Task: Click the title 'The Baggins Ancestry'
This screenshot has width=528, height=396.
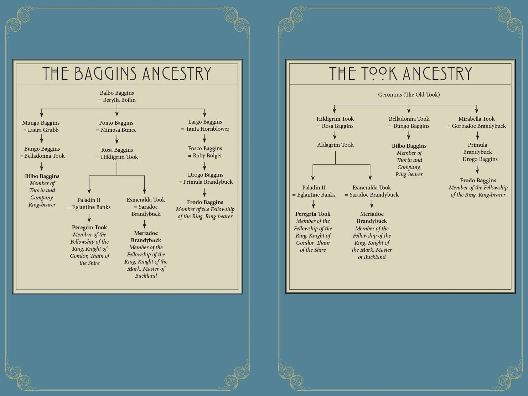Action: point(127,74)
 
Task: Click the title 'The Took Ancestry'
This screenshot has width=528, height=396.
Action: point(400,74)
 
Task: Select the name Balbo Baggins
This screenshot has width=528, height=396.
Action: point(117,93)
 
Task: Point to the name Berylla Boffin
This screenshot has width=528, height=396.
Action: point(119,100)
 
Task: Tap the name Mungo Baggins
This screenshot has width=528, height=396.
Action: point(41,123)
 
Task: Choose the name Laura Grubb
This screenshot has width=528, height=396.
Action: point(43,130)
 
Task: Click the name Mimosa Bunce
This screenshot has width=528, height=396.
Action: point(119,130)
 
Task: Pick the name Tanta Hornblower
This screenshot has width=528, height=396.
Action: point(207,129)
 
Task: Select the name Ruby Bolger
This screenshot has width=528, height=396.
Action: point(207,156)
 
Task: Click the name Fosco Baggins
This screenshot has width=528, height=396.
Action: point(205,148)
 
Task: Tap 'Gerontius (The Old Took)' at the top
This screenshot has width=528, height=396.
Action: point(409,95)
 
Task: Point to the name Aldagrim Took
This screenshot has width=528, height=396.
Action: point(335,145)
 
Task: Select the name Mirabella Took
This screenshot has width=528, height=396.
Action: point(477,119)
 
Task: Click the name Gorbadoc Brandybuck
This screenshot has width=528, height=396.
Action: point(479,126)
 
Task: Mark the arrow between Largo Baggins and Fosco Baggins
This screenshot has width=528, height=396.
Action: point(204,138)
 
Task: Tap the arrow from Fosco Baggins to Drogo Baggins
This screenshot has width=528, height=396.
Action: point(204,166)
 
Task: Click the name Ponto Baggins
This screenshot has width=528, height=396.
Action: point(116,123)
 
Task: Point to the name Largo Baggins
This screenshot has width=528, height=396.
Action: point(205,122)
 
